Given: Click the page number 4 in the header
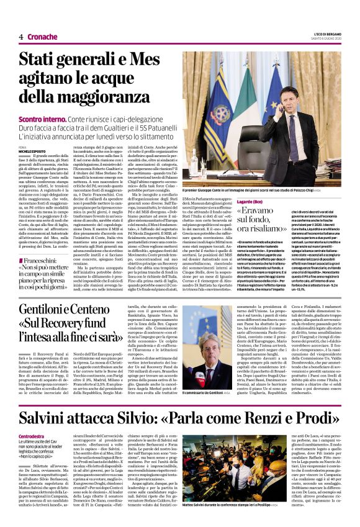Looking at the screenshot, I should [21, 37].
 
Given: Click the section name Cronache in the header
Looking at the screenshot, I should [42, 37].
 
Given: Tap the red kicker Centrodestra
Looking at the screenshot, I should [32, 437].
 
